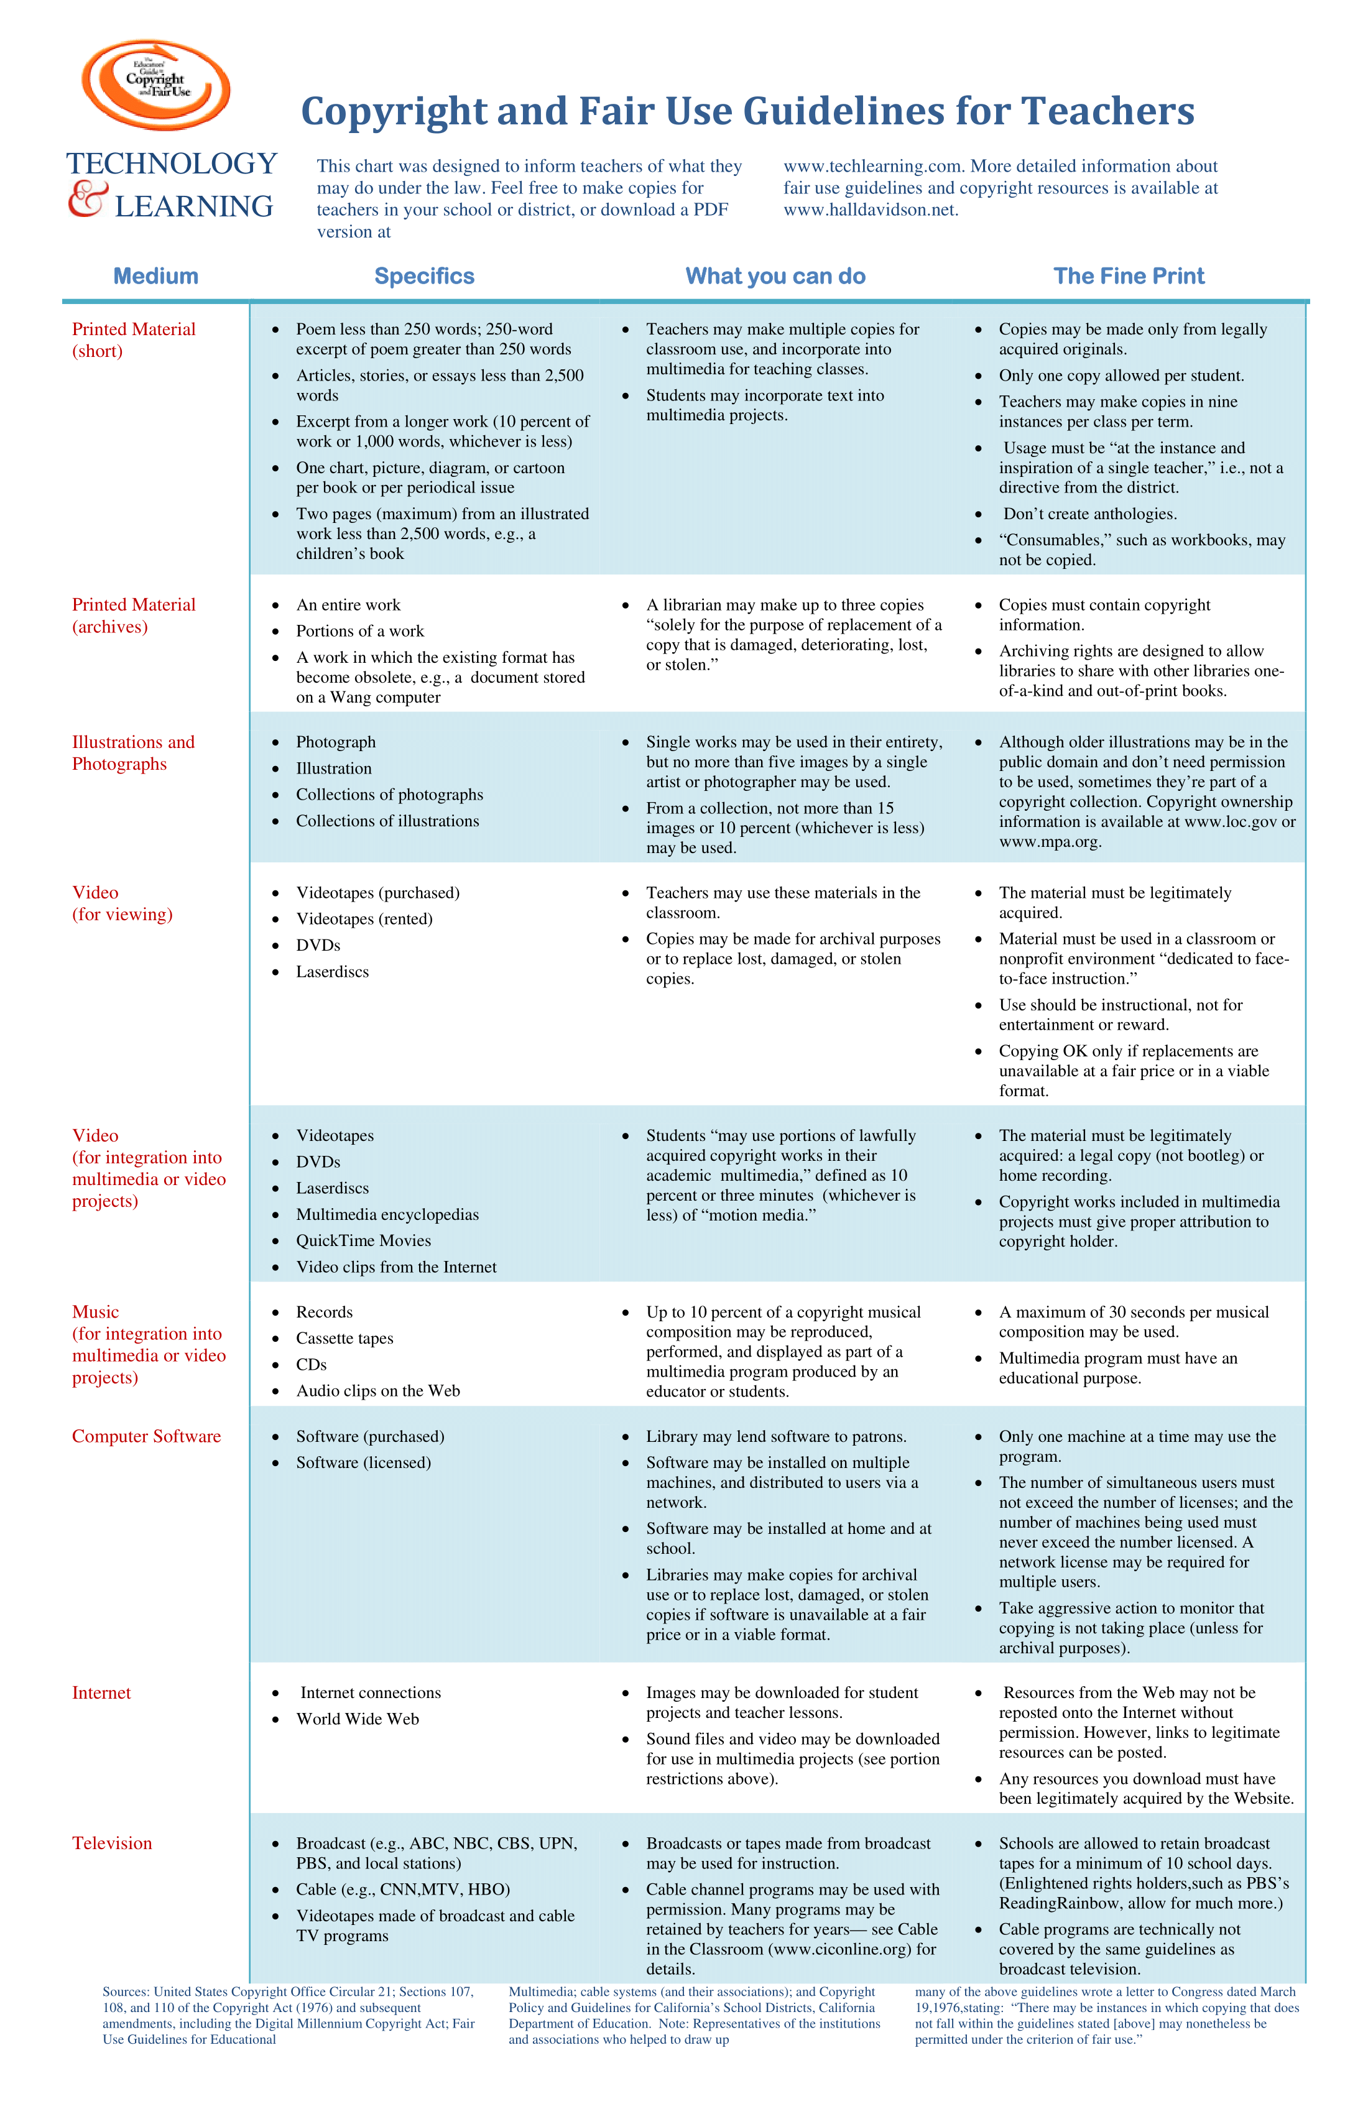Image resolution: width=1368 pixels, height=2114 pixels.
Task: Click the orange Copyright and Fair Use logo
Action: tap(156, 85)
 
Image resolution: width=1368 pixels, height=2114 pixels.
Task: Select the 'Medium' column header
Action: tap(155, 276)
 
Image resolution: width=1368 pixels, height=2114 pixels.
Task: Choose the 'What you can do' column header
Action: tap(775, 276)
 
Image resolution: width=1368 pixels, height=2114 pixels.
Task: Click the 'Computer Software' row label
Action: tap(147, 1436)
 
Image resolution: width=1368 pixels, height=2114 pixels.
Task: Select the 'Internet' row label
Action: tap(101, 1693)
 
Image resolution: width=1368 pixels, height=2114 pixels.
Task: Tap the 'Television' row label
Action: tap(112, 1843)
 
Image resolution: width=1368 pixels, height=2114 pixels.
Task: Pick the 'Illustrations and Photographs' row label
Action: tap(133, 753)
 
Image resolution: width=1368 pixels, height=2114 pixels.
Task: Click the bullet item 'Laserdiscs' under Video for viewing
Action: tap(332, 972)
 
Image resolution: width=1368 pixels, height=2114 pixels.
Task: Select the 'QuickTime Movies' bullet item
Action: tap(363, 1241)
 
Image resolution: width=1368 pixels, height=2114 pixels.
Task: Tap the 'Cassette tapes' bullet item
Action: tap(344, 1339)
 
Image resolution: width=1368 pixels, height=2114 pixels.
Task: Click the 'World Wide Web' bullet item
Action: tap(357, 1719)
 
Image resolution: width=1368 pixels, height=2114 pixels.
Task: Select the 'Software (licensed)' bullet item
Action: tap(363, 1463)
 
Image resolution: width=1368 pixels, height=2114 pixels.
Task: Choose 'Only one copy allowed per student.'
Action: tap(1121, 376)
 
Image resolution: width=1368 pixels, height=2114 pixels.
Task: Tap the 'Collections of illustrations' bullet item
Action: tap(387, 821)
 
